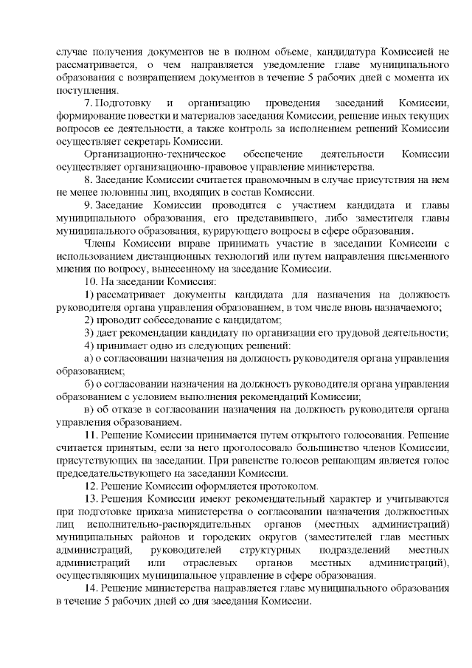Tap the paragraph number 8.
click(88, 179)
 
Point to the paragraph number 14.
click(91, 588)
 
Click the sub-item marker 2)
click(89, 320)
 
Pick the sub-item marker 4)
click(89, 346)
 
